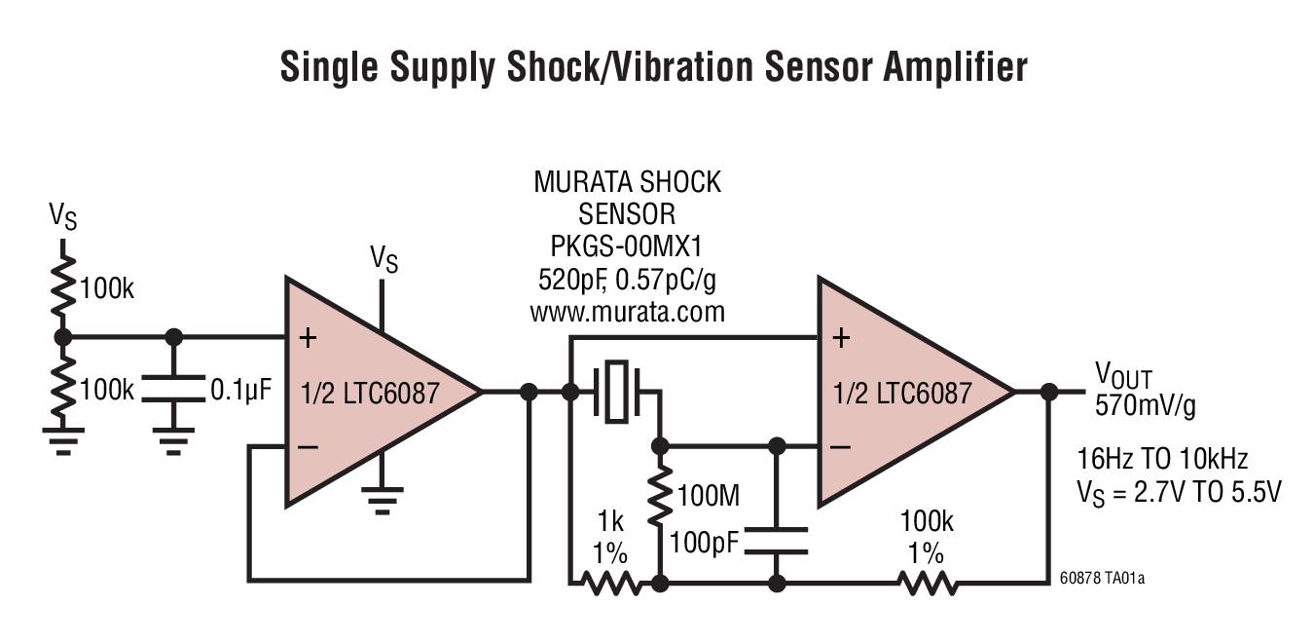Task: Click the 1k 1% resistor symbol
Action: pyautogui.click(x=610, y=584)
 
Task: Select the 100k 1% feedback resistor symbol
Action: pyautogui.click(x=927, y=584)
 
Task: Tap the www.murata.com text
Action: pyautogui.click(x=627, y=313)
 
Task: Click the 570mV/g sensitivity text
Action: pyautogui.click(x=1146, y=405)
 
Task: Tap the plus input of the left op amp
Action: pyautogui.click(x=308, y=338)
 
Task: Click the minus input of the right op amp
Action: pyautogui.click(x=841, y=446)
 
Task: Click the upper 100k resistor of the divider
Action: pyautogui.click(x=63, y=283)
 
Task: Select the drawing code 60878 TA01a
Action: pyautogui.click(x=1101, y=579)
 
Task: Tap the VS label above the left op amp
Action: pyautogui.click(x=383, y=259)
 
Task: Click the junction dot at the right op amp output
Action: pyautogui.click(x=1048, y=392)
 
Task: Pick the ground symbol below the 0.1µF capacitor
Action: pyautogui.click(x=174, y=445)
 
